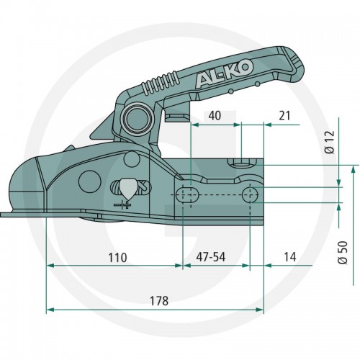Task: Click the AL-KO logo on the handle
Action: pos(225,73)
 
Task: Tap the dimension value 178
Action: pos(159,300)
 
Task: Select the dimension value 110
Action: pos(117,258)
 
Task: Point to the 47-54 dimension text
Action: pos(211,257)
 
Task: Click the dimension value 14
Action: pos(290,257)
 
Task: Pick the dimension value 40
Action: pos(215,116)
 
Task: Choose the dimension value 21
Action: pos(284,116)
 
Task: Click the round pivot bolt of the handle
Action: pos(136,118)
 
